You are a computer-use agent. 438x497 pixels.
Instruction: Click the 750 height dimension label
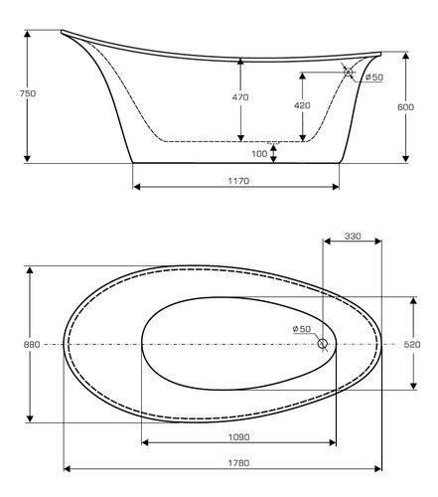point(28,93)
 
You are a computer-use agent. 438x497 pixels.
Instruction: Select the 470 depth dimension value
point(240,97)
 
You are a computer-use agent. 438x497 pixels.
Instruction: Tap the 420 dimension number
point(302,105)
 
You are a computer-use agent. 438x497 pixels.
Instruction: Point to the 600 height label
point(405,107)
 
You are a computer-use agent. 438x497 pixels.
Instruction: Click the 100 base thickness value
point(259,154)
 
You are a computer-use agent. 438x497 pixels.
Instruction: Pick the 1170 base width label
point(238,181)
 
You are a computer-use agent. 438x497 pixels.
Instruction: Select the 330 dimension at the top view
point(353,237)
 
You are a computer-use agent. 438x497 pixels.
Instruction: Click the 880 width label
point(32,345)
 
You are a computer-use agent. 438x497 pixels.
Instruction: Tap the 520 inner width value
point(412,345)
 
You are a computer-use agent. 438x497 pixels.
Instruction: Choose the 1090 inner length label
point(239,437)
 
